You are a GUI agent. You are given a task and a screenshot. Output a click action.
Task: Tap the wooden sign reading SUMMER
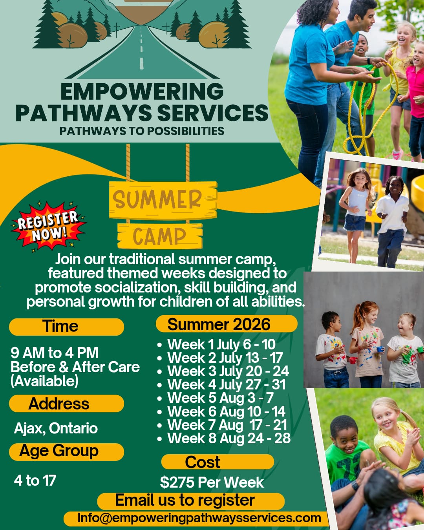pyautogui.click(x=163, y=200)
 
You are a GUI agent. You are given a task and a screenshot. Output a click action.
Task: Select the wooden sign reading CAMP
pyautogui.click(x=160, y=236)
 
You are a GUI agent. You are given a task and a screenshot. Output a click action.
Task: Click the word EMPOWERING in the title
pyautogui.click(x=142, y=91)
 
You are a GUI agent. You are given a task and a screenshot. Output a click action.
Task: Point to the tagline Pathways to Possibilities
pyautogui.click(x=142, y=131)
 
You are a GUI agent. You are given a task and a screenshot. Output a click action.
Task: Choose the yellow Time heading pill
pyautogui.click(x=66, y=327)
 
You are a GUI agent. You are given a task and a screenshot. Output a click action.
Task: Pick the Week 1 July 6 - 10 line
pyautogui.click(x=221, y=344)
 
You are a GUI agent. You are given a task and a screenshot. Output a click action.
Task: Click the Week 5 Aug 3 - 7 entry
pyautogui.click(x=220, y=398)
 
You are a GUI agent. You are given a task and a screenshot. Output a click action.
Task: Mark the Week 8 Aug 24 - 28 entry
pyautogui.click(x=229, y=438)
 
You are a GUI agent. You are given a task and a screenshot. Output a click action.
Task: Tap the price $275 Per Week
pyautogui.click(x=212, y=482)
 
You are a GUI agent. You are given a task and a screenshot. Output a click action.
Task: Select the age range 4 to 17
pyautogui.click(x=35, y=480)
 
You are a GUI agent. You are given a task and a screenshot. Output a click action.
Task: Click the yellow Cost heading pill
pyautogui.click(x=217, y=462)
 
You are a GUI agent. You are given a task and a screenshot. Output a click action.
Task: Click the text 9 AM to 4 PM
pyautogui.click(x=55, y=353)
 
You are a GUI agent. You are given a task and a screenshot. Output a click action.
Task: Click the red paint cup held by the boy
pyautogui.click(x=353, y=360)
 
